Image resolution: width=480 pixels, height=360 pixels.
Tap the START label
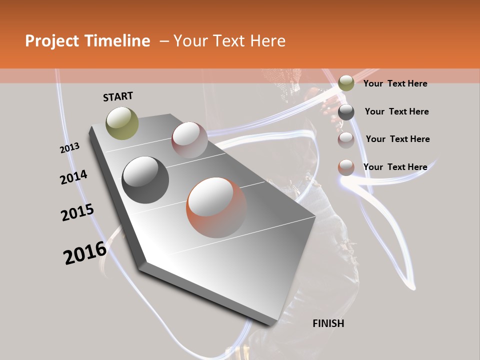[118, 96]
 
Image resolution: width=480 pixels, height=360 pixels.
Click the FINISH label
[328, 323]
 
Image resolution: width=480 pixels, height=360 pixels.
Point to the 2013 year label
[69, 148]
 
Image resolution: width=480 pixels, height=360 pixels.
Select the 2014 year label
[73, 177]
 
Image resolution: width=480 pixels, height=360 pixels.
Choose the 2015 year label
[77, 212]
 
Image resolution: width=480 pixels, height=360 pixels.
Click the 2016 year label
[85, 253]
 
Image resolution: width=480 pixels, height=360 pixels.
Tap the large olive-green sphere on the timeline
[122, 123]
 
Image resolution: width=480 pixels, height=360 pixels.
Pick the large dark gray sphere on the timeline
[145, 180]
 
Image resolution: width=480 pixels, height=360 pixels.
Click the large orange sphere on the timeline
[216, 207]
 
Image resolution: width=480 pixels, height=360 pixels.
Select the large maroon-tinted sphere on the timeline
[189, 140]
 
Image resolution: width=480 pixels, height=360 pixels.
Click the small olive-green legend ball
[346, 83]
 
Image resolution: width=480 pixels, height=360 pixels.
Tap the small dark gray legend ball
[346, 112]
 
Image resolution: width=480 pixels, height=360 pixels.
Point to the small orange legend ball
[346, 167]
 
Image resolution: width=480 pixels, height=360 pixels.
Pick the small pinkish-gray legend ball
[346, 140]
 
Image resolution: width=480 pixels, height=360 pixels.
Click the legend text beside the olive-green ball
[395, 83]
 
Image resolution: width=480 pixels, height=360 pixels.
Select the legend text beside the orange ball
[395, 167]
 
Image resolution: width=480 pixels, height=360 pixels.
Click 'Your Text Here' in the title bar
[229, 41]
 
